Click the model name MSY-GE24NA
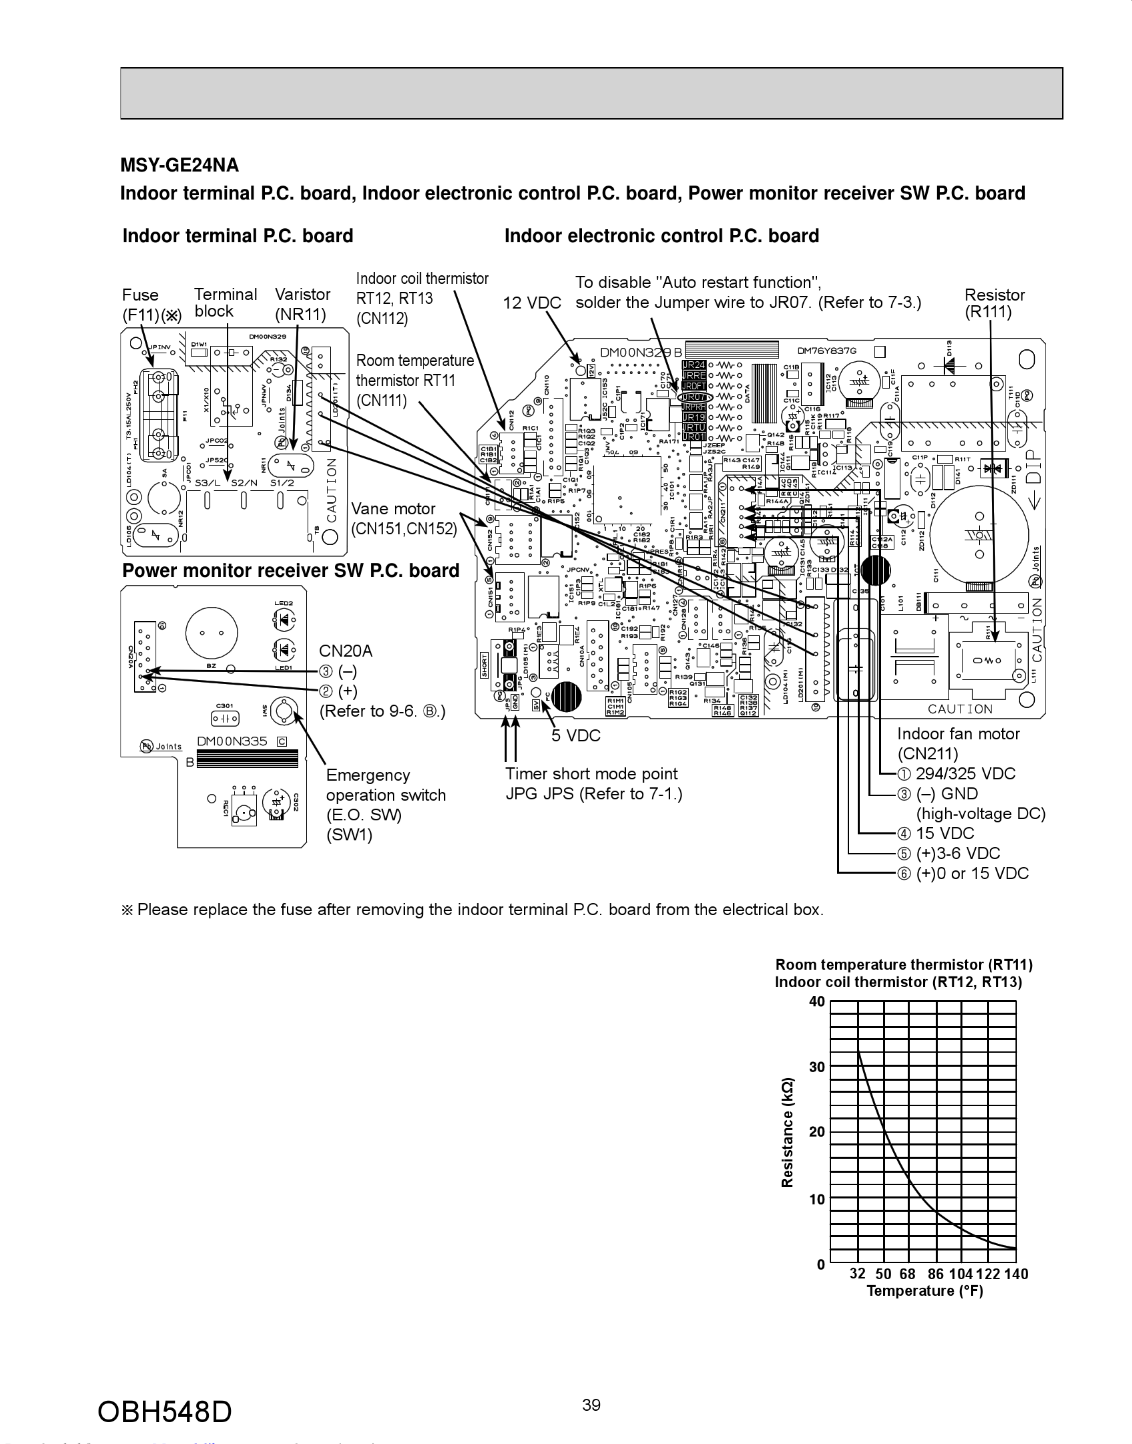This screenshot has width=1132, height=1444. (179, 165)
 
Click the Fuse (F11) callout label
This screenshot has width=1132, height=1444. (151, 305)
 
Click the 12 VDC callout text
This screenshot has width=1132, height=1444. (531, 303)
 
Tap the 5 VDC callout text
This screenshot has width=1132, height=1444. (575, 735)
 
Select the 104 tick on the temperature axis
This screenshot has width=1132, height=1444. (960, 1274)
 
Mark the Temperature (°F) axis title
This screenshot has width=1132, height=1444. (924, 1290)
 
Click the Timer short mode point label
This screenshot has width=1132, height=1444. (591, 774)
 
